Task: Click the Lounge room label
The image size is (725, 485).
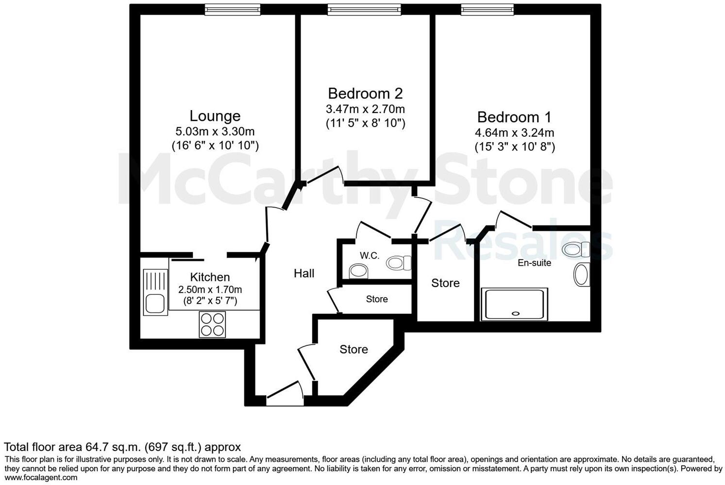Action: [215, 116]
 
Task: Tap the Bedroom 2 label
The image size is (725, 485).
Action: [365, 93]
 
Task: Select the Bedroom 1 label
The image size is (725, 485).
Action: [514, 117]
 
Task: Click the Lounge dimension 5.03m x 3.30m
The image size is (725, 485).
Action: [215, 131]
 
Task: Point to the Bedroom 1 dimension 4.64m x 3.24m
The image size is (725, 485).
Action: [514, 132]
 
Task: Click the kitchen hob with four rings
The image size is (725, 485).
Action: [212, 324]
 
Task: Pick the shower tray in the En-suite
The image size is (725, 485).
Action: [514, 304]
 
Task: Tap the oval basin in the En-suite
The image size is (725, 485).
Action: [581, 275]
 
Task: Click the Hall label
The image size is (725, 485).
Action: [304, 274]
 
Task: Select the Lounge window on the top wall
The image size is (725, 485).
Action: [232, 9]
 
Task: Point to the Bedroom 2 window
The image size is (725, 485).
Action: [364, 9]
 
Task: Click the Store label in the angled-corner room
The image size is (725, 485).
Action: [354, 349]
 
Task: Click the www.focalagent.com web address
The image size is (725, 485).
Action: [41, 478]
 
